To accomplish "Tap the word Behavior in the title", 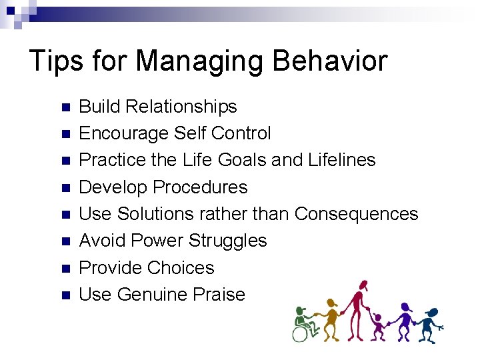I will click(331, 61).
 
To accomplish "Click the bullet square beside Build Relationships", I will click(65, 107).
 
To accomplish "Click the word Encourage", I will click(124, 133).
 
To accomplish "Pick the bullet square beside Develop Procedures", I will click(65, 188).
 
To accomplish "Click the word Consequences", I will click(356, 214).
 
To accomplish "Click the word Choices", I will click(181, 267).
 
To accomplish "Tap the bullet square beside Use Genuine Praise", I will click(65, 295).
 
